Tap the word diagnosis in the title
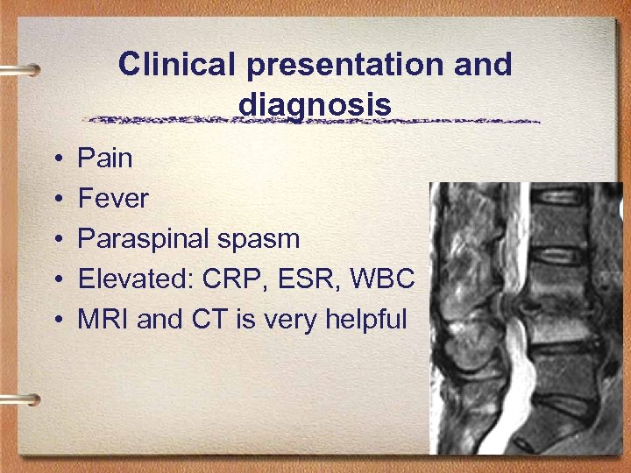click(314, 105)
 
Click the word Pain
click(105, 159)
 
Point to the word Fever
click(113, 199)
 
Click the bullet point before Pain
click(56, 159)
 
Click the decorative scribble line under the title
click(315, 120)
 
